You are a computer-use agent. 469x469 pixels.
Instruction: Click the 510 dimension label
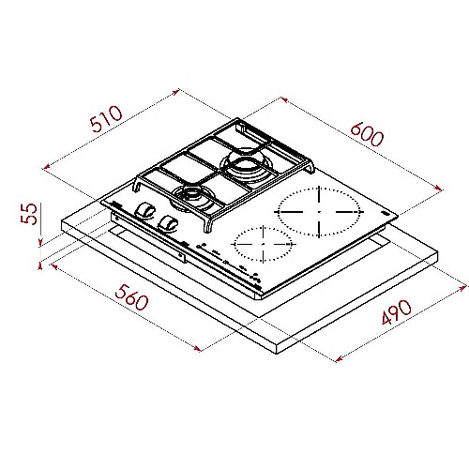[106, 119]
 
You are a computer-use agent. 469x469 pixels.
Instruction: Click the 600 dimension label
[367, 134]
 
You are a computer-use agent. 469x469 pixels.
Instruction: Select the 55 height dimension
[29, 214]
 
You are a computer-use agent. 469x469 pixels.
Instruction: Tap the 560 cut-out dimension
[131, 297]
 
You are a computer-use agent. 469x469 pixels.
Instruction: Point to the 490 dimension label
[397, 312]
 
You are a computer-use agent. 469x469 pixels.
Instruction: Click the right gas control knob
[168, 223]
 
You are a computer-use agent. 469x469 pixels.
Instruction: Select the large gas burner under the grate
[245, 166]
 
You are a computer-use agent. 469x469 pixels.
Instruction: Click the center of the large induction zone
[319, 212]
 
